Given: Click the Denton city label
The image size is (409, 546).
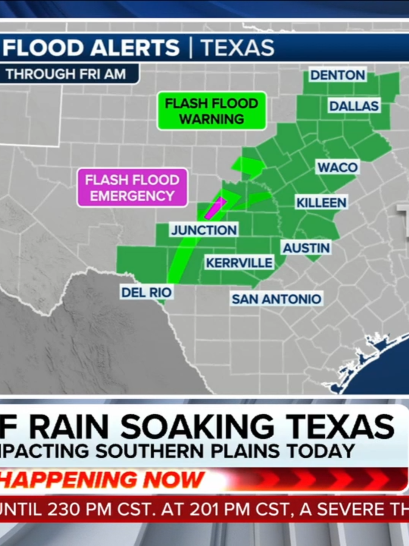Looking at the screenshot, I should (x=337, y=75).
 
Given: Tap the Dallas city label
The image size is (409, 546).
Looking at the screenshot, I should (x=354, y=106).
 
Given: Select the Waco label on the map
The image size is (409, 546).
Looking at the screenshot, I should (x=337, y=167).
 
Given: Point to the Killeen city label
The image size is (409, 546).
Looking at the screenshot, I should (x=321, y=202).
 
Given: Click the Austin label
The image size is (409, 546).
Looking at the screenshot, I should (x=306, y=248).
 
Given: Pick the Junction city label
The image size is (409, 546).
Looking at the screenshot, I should (x=204, y=230).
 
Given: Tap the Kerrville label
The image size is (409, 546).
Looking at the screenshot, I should (x=239, y=263).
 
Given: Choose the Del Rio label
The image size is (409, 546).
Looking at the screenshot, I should (x=146, y=292).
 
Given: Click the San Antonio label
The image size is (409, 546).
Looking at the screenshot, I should (x=276, y=299).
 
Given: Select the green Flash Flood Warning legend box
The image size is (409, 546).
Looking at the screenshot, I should (x=212, y=111).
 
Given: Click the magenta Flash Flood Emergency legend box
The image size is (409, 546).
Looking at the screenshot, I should (x=132, y=188).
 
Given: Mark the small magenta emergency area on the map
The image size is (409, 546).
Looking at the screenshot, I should (x=214, y=208).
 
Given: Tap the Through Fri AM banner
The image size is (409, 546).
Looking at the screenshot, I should (x=66, y=74).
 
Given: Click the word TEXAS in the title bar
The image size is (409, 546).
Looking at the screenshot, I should (x=237, y=48).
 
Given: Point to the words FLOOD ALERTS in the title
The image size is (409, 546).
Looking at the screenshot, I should (x=91, y=48).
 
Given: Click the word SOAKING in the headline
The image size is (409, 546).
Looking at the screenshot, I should (x=197, y=426).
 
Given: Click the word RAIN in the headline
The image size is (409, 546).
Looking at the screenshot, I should (x=70, y=426).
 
